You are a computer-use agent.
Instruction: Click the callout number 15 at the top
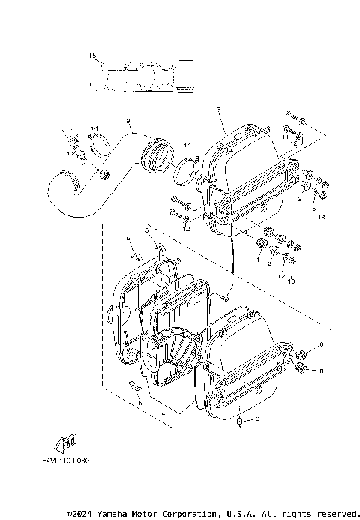pyautogui.click(x=92, y=56)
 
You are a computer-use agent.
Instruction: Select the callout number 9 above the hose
pyautogui.click(x=128, y=121)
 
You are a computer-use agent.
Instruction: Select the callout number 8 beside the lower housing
pyautogui.click(x=321, y=371)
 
